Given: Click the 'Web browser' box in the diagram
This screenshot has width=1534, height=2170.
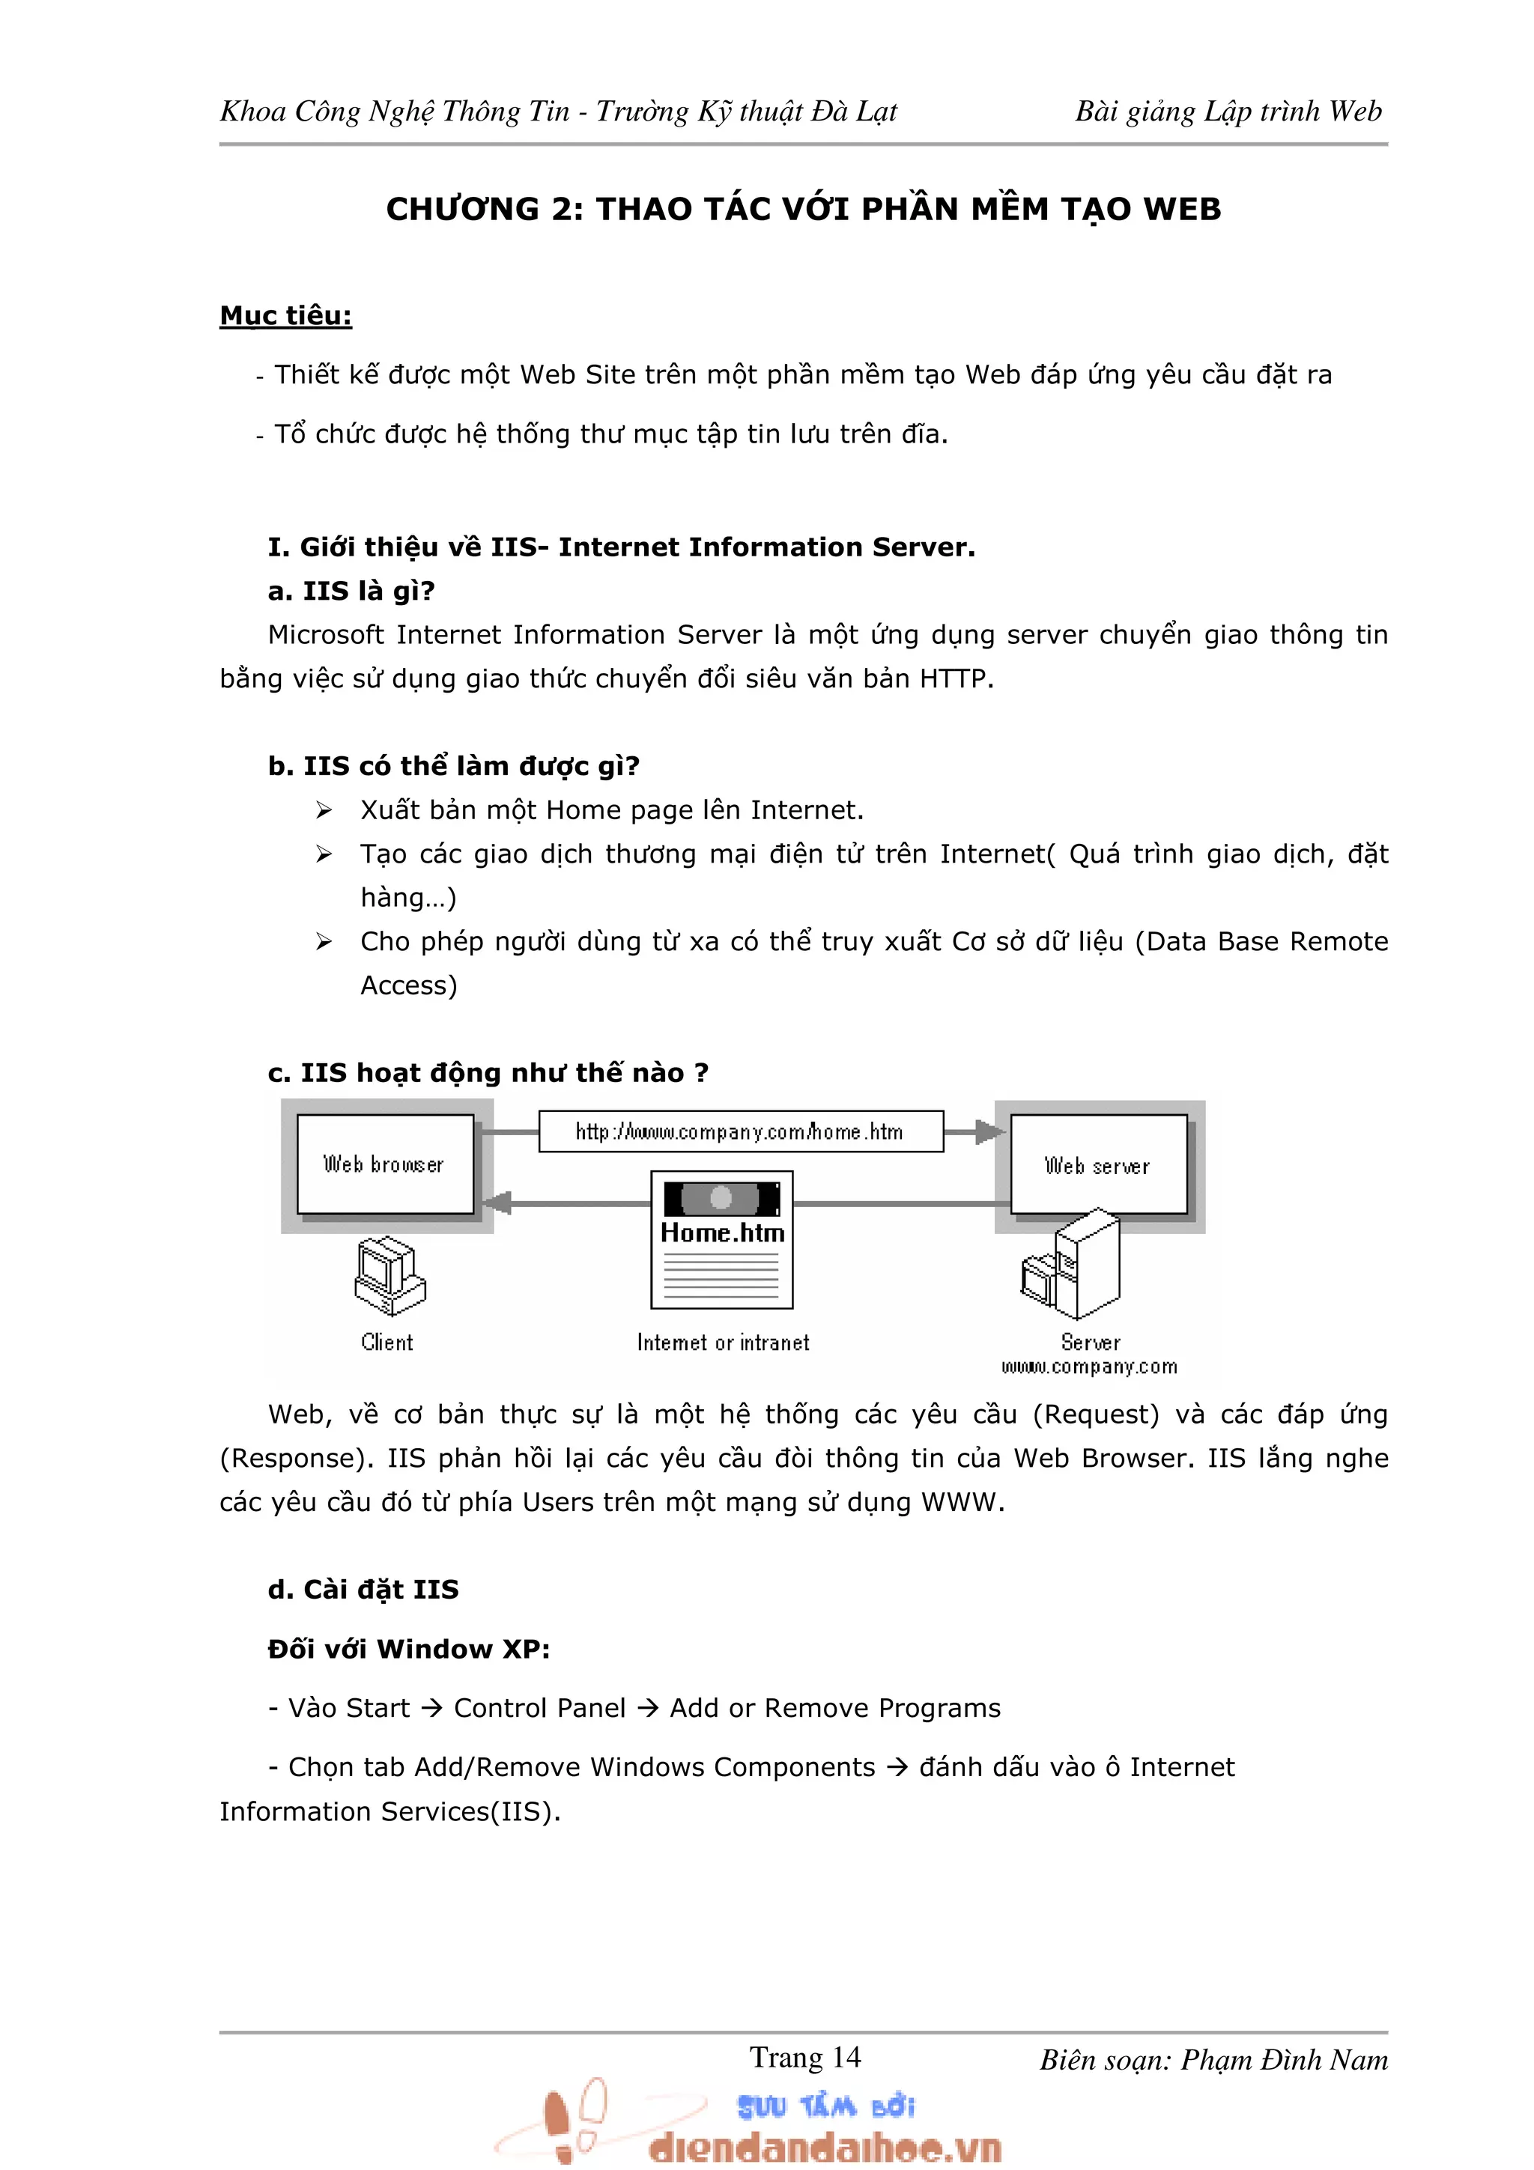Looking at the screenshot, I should click(x=385, y=1164).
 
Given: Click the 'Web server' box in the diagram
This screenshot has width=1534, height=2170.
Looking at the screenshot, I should click(x=1097, y=1164).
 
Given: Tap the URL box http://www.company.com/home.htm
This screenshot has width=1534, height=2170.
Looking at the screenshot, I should click(x=740, y=1131).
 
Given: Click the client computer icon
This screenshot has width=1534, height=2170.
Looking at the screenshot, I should click(x=389, y=1276).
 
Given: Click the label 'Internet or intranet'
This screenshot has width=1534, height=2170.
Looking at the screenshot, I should click(x=722, y=1342).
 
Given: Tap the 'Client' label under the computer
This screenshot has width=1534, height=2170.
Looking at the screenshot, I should click(x=386, y=1342).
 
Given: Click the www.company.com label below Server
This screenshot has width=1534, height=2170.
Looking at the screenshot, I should click(x=1089, y=1367).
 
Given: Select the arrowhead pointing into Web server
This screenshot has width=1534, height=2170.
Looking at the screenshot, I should click(x=989, y=1131).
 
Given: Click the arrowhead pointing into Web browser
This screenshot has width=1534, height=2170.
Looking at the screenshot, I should click(x=498, y=1203).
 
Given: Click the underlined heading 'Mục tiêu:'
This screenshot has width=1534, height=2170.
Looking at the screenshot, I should click(x=285, y=316).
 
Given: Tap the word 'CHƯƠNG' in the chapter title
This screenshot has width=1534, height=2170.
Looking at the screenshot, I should click(x=462, y=209).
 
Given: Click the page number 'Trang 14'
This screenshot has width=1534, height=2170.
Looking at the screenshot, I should click(x=804, y=2057).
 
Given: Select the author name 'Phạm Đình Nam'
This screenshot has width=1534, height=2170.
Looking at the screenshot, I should click(x=1284, y=2059).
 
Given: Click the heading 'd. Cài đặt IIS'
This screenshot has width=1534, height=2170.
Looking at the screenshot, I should click(x=363, y=1589).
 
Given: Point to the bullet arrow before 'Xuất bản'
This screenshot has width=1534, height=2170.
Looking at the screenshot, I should click(x=324, y=810).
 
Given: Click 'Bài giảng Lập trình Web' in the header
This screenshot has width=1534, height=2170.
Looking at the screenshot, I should click(x=1228, y=112).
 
